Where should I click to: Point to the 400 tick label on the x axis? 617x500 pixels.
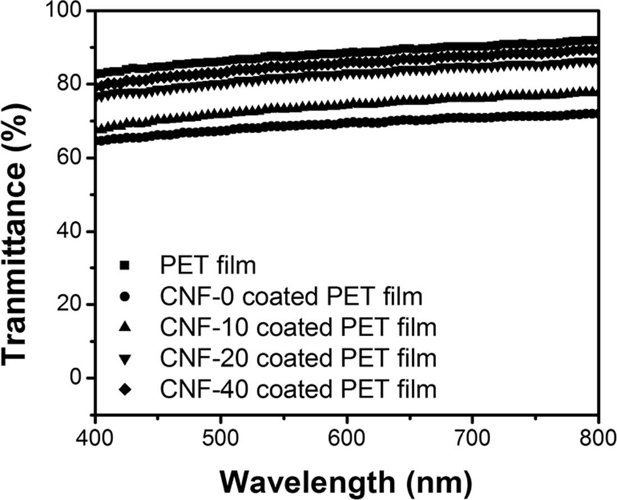96,435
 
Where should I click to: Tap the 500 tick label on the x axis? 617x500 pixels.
222,435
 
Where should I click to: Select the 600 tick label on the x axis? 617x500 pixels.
348,435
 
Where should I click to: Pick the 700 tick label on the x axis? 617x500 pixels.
473,435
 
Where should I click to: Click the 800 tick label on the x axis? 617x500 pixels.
598,435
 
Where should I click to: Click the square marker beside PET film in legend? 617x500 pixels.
125,265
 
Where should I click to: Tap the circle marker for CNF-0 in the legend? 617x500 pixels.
125,297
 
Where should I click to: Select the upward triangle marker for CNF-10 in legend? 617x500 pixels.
125,327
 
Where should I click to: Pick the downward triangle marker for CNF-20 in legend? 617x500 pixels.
125,358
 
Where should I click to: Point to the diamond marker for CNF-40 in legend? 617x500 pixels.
125,388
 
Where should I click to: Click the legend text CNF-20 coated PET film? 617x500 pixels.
297,357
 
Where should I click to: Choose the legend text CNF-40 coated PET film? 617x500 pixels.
297,388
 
